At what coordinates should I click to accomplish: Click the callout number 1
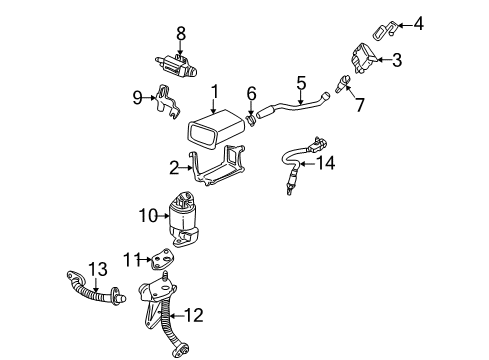(x=214, y=94)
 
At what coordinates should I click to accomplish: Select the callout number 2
(x=174, y=168)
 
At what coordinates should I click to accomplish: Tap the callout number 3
(x=397, y=61)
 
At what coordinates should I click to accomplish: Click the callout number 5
(x=299, y=83)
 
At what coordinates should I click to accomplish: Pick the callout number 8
(x=181, y=33)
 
